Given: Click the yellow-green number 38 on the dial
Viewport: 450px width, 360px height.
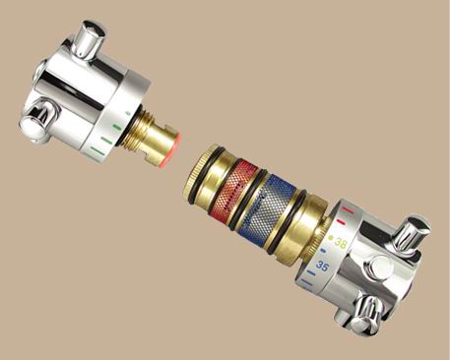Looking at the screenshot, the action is tap(341, 244).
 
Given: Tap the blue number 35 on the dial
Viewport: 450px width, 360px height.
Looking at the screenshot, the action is tap(322, 266).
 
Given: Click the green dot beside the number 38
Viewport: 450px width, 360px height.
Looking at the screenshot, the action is tap(331, 238).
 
